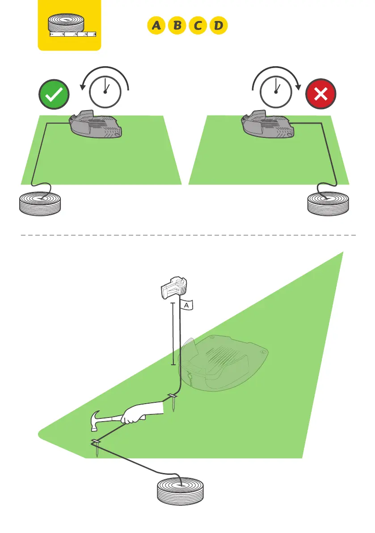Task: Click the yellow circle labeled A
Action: click(156, 26)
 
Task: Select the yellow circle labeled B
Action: click(177, 26)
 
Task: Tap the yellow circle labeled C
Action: click(198, 26)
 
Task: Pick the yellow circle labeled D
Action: click(219, 26)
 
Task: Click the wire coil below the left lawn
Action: click(40, 204)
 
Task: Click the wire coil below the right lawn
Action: click(329, 204)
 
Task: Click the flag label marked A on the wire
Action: click(187, 305)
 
